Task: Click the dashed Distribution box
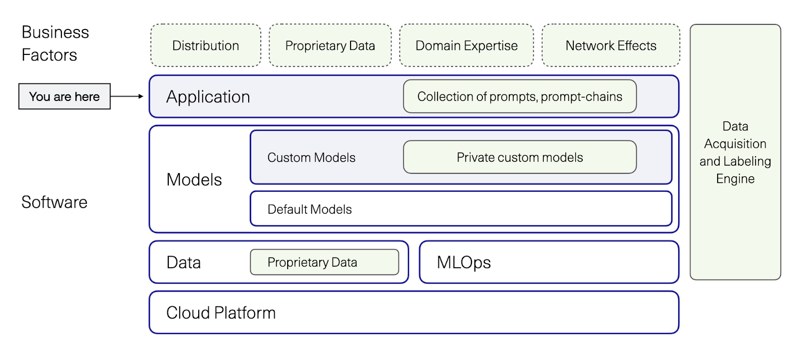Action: tap(205, 45)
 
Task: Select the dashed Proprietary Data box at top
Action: tap(330, 45)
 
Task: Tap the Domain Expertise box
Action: tap(466, 45)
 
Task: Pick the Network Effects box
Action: tap(610, 45)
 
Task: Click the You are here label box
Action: tap(64, 96)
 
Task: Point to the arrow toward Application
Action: tap(127, 96)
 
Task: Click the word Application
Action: tap(208, 97)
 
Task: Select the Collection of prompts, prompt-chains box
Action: tap(519, 96)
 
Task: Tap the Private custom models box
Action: tap(519, 157)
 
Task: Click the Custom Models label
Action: tap(311, 158)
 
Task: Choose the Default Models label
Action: tap(310, 209)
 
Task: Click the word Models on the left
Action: tap(194, 180)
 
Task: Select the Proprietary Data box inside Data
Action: tap(324, 262)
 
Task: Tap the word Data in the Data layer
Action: tap(183, 263)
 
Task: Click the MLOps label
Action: tap(463, 263)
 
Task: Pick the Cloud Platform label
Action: tap(221, 313)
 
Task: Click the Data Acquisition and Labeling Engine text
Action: tap(735, 152)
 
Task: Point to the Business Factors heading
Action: tap(55, 43)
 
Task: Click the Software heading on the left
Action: tap(54, 202)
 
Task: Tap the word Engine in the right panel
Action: tap(735, 179)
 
